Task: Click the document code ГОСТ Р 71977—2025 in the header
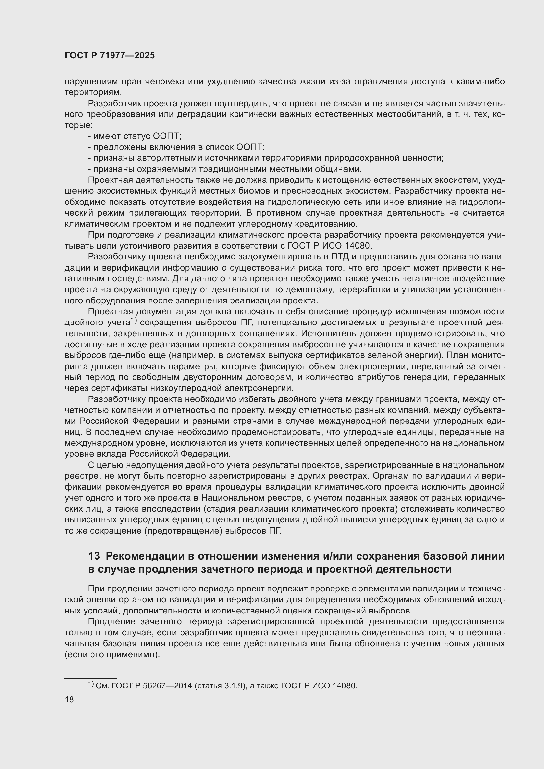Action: coord(110,56)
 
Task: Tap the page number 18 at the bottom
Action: coord(69,699)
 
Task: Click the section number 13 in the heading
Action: coord(94,556)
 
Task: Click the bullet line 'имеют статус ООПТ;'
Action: coord(134,136)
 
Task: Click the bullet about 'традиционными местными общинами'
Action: coord(224,169)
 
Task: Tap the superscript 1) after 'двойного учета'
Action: coord(134,321)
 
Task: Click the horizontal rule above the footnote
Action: coord(90,678)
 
